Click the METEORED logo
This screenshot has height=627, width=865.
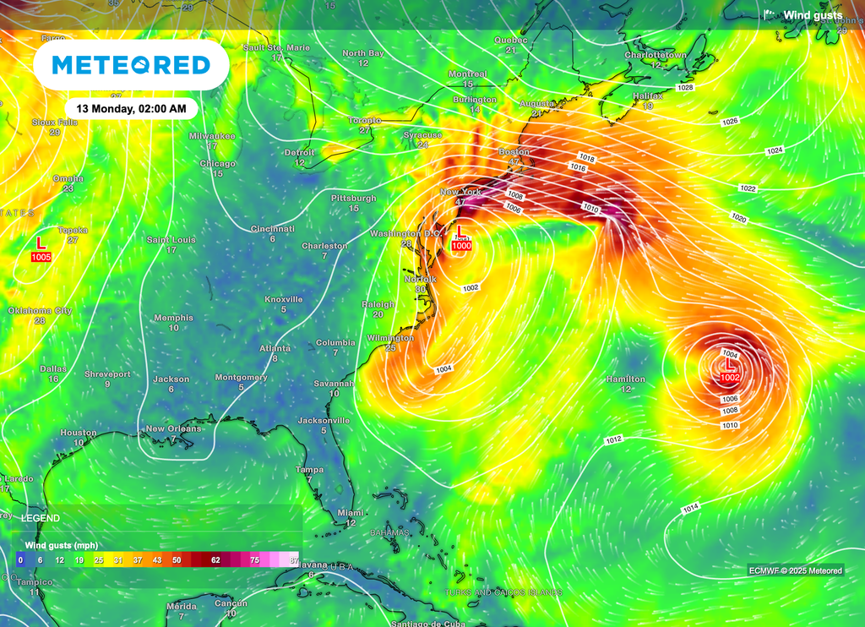(x=131, y=65)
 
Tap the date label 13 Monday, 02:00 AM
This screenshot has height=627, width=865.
(x=131, y=109)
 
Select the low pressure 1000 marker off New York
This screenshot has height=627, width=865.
(x=460, y=239)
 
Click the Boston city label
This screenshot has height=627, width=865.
(x=514, y=151)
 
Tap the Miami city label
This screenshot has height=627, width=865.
(x=351, y=513)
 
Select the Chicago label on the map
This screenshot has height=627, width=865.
(x=218, y=163)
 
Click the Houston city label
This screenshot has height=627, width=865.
(x=78, y=433)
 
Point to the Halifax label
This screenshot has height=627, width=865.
(x=648, y=96)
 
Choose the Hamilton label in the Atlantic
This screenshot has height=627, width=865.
(x=626, y=379)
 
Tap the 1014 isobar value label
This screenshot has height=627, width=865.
(x=691, y=507)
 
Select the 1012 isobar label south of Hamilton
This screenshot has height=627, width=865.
(x=614, y=439)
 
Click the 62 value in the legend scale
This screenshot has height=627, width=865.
(x=215, y=560)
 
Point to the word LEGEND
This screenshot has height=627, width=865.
(x=41, y=517)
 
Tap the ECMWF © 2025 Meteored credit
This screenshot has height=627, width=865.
(x=795, y=571)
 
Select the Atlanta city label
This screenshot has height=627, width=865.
(x=275, y=348)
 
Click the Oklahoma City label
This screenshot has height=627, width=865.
(x=40, y=311)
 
